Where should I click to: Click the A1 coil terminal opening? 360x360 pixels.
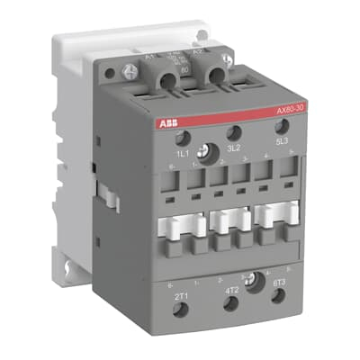tap(150, 79)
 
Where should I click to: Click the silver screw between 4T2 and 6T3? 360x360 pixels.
tap(257, 282)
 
